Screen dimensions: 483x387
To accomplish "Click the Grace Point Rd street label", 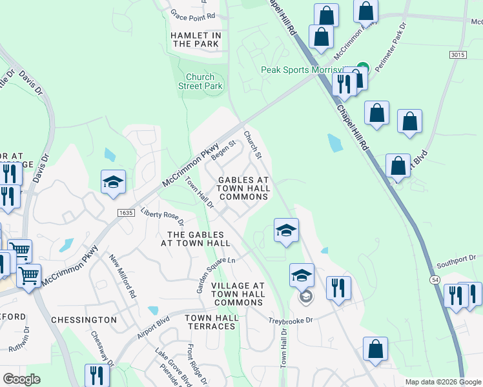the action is coord(192,14).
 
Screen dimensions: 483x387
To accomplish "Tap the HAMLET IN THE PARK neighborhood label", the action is coord(196,39).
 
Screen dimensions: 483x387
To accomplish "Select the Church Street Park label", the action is coord(200,81).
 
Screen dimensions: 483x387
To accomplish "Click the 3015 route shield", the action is coord(458,55).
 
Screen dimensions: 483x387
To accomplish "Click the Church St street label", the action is coord(252,144).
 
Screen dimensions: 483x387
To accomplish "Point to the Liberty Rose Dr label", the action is coord(163,217).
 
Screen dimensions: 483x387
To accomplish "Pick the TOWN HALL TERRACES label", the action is coord(210,322).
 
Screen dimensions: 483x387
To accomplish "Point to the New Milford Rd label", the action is coord(123,275).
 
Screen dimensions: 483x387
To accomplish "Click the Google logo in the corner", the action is coord(21,380).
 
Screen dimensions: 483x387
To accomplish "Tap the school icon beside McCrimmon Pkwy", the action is coord(113,181).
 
